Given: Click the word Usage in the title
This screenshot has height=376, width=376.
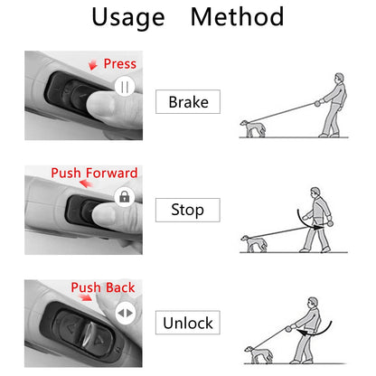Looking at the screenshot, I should click(128, 17).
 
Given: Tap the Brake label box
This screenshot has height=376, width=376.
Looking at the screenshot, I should click(188, 101).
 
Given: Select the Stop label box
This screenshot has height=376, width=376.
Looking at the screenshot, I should click(187, 211).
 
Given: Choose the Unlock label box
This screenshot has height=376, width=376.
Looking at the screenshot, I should click(188, 323).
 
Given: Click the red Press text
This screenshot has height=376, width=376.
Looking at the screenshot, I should click(119, 63).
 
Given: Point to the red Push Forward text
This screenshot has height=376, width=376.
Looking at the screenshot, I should click(94, 173).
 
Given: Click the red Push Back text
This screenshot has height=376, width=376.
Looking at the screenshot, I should click(102, 288).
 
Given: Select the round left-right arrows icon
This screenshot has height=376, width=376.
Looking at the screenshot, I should click(126, 312).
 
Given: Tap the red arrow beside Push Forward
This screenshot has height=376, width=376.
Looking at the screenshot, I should click(83, 183).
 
